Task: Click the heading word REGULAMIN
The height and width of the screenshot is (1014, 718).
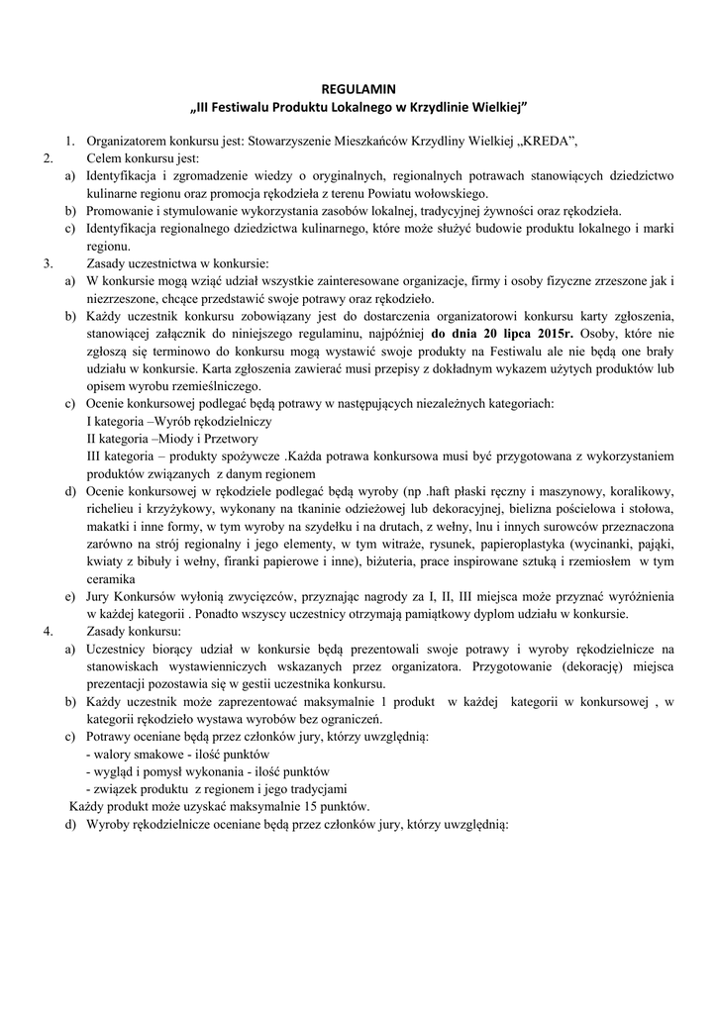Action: (359, 88)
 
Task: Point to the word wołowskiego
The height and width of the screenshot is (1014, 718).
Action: (453, 193)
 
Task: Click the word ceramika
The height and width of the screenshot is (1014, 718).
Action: (111, 579)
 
